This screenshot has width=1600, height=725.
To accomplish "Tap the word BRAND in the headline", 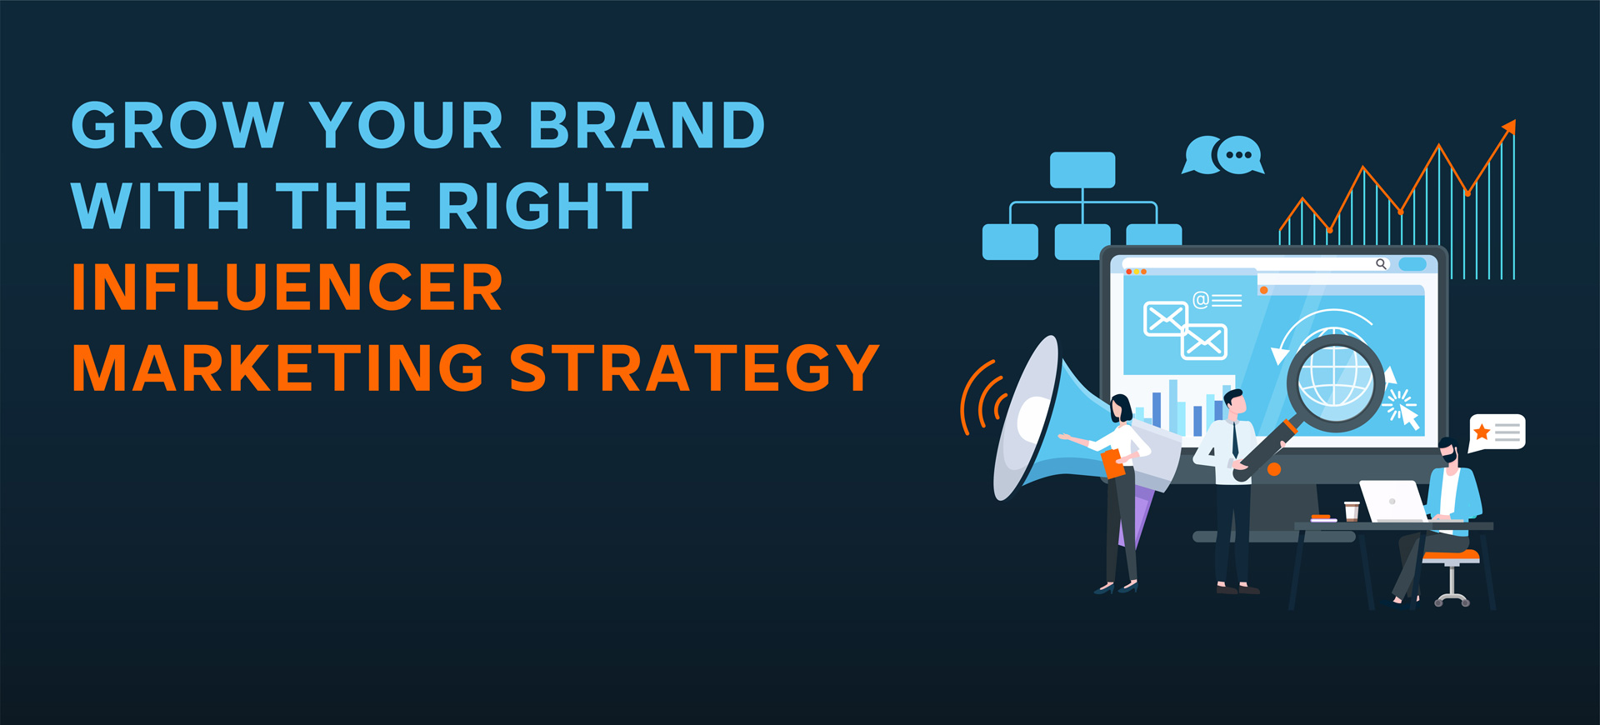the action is click(647, 126).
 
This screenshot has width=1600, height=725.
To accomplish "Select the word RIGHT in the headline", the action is click(542, 206).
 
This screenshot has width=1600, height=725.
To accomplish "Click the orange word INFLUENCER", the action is click(287, 287).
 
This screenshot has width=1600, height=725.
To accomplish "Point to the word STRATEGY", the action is click(694, 367).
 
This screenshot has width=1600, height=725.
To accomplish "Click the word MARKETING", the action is click(278, 367).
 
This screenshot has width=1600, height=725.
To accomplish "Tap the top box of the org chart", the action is click(1082, 170).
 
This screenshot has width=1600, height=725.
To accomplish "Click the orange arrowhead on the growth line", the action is click(1509, 127).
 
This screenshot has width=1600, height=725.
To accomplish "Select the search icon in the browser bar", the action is click(1381, 264).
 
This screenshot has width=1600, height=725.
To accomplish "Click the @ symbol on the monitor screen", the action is click(1201, 300).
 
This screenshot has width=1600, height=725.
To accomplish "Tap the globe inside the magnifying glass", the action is click(1335, 379).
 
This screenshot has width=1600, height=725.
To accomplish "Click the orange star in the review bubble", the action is click(1482, 432).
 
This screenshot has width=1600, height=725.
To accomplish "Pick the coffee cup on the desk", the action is click(1352, 511).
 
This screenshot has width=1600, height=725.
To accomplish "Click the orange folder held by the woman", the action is click(1113, 463).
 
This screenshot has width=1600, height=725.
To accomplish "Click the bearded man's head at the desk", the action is click(1450, 452).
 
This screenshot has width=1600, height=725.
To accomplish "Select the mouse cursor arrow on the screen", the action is click(1409, 416).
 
